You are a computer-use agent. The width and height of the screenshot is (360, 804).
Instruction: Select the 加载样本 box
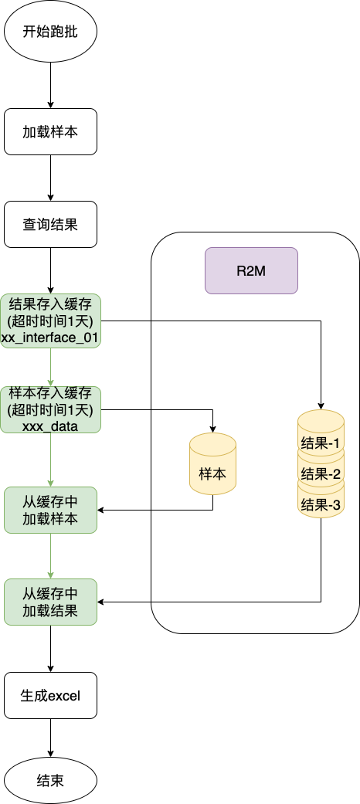tap(50, 131)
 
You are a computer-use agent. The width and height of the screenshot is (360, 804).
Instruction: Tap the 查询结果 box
tap(50, 224)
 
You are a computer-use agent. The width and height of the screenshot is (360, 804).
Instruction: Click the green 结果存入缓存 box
tap(50, 320)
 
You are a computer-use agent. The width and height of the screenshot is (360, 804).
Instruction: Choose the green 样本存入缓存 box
tap(50, 409)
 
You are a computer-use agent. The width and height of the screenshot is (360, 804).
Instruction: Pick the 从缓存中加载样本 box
tap(50, 510)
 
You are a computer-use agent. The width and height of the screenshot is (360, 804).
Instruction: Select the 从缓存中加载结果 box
tap(50, 602)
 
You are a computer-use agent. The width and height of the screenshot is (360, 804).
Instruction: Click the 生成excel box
tap(50, 695)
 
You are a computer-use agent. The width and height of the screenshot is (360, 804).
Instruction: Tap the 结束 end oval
tap(50, 780)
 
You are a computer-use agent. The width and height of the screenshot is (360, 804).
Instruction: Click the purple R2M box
tap(251, 270)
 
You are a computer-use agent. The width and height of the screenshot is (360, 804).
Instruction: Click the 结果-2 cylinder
tap(321, 473)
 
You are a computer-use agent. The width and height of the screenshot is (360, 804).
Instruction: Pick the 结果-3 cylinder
tap(321, 505)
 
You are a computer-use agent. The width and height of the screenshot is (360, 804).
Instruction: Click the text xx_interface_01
tap(50, 337)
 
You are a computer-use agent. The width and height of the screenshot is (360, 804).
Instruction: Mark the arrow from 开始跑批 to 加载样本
tap(50, 85)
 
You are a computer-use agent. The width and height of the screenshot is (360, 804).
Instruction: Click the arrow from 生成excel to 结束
tap(50, 738)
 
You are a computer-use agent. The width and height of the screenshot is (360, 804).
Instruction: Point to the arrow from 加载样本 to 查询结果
tap(50, 178)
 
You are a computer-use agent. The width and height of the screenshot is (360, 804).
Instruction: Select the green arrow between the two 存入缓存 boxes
tap(50, 367)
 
